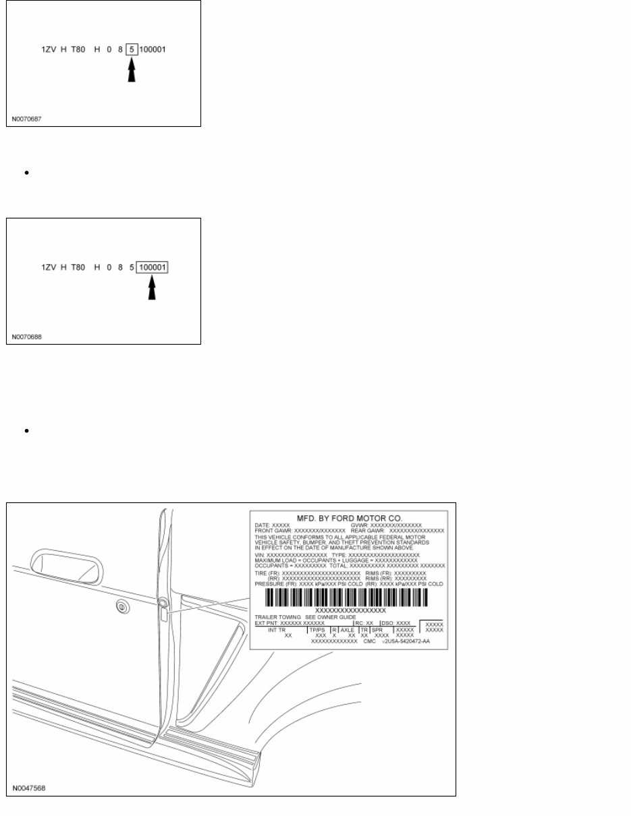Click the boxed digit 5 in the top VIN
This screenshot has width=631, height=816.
(x=132, y=50)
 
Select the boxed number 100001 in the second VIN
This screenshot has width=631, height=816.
(x=153, y=268)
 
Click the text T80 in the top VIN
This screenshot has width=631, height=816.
(x=79, y=50)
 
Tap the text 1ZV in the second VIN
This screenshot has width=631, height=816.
(x=49, y=268)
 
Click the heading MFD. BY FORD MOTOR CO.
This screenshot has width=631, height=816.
(x=349, y=517)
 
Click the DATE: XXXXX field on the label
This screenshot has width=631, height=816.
(x=272, y=525)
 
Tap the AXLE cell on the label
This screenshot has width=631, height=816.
(x=347, y=629)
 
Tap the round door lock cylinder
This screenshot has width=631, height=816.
(x=121, y=607)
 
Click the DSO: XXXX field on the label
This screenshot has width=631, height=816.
(x=395, y=623)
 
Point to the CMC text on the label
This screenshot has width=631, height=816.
(x=369, y=641)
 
